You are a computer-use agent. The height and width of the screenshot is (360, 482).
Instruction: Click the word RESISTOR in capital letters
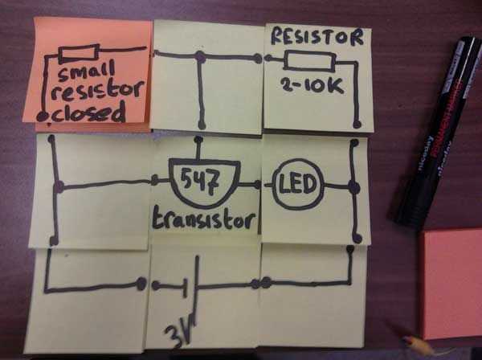(317, 37)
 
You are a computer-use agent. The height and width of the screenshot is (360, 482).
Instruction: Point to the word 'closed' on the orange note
(89, 114)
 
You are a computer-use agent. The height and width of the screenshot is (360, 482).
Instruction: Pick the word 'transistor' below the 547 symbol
(204, 219)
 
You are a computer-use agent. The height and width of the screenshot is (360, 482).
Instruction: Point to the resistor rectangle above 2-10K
(309, 60)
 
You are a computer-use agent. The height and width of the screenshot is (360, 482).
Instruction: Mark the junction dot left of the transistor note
(58, 186)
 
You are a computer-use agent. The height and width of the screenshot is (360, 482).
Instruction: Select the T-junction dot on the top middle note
(200, 56)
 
